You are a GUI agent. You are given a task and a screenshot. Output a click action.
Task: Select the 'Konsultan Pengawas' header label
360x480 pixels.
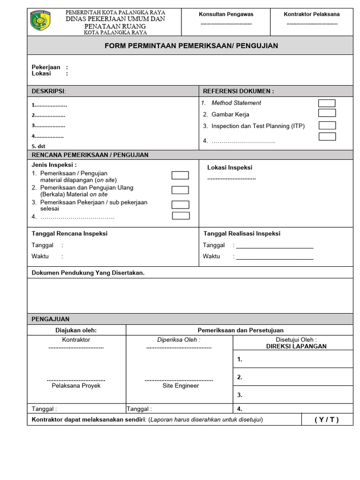[x=225, y=14]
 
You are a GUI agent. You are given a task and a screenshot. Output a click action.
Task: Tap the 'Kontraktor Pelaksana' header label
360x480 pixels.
[x=312, y=14]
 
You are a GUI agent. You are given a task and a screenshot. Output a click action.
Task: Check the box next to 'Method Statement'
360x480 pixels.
[x=327, y=103]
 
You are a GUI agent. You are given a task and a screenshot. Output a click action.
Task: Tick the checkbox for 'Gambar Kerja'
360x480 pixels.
[x=327, y=113]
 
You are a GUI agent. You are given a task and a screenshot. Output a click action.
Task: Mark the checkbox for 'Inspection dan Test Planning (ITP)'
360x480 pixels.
[x=327, y=125]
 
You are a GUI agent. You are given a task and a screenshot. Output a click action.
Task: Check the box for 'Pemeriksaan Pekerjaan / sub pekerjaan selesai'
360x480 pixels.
[x=180, y=204]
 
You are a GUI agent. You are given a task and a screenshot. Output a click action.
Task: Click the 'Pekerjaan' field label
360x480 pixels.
[x=46, y=67]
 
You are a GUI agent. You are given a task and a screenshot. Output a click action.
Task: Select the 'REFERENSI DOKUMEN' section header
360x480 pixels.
[x=238, y=91]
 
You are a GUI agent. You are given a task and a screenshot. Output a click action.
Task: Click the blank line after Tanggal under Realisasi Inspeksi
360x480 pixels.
[x=275, y=246]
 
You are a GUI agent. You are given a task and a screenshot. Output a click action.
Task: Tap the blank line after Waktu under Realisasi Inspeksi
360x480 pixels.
[x=275, y=257]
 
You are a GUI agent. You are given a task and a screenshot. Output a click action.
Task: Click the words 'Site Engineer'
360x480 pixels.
[x=180, y=386]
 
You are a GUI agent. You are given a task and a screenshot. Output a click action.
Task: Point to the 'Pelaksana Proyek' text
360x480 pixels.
[x=76, y=386]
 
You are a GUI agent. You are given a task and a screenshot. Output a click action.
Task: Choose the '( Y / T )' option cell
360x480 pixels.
[x=326, y=420]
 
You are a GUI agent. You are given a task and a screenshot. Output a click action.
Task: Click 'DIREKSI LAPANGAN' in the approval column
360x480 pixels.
[x=296, y=346]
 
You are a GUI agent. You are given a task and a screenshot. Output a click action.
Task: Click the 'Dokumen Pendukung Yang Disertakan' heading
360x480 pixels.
[x=88, y=272]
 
